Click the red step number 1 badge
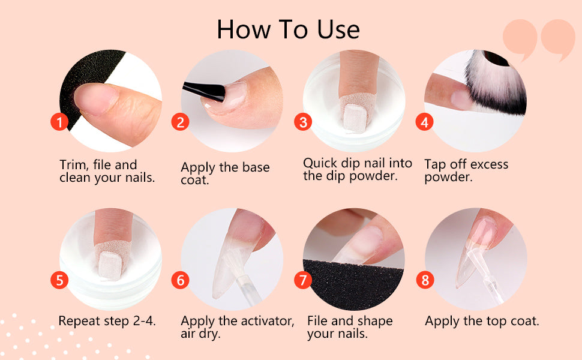59,122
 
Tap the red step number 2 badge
180,122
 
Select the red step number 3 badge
303,122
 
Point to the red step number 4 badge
424,122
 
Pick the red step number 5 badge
59,280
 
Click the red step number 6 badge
180,280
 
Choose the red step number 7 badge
303,280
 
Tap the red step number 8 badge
425,280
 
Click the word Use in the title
338,29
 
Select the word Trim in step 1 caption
73,165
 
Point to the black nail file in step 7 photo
353,284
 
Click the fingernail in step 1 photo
95,99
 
